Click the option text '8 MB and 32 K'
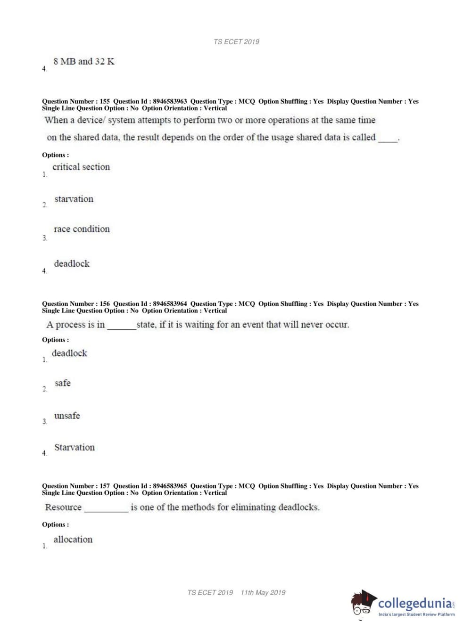[83, 62]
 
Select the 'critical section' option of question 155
[81, 167]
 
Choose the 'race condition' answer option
[82, 229]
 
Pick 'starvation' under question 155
[74, 199]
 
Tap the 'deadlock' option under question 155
[72, 263]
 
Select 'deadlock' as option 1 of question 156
[69, 353]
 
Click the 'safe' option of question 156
[62, 383]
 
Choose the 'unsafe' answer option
[67, 416]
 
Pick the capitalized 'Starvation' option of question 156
[74, 447]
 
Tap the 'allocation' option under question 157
[73, 539]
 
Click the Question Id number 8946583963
[170, 101]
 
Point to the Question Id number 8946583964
[170, 304]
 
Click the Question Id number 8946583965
[170, 486]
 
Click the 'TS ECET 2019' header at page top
[236, 42]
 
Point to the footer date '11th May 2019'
[263, 593]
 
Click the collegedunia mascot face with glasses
[363, 604]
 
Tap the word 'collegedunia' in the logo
[415, 603]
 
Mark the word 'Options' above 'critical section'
[54, 155]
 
